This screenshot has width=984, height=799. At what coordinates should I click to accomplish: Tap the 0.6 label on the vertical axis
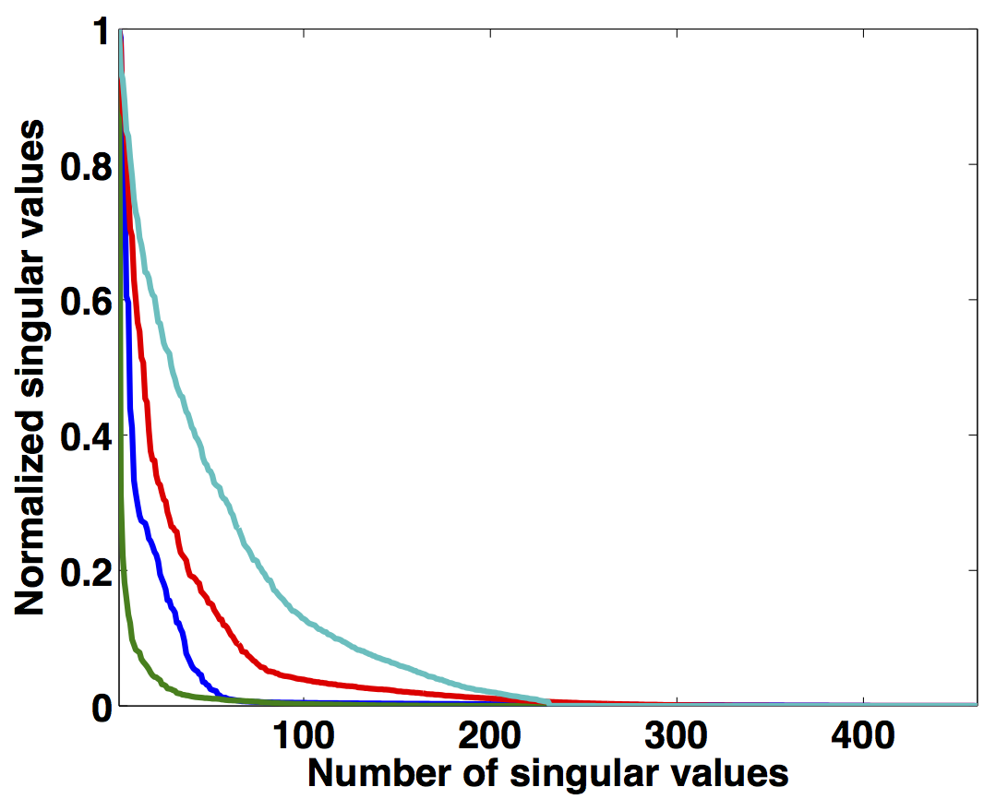click(x=83, y=302)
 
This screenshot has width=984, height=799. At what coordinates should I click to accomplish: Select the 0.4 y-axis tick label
click(x=83, y=436)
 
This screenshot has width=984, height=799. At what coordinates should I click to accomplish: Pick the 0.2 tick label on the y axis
click(x=83, y=572)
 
